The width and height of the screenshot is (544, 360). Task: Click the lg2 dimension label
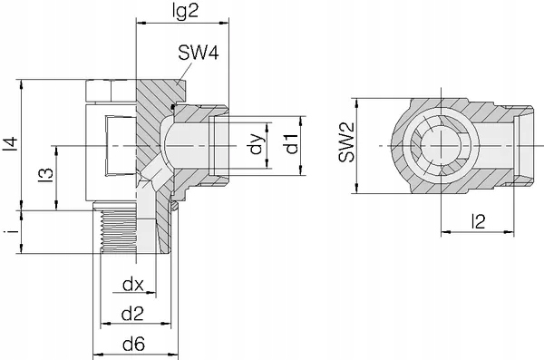click(x=185, y=12)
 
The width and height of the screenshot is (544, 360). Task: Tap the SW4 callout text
click(x=199, y=54)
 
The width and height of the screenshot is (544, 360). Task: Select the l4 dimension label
click(x=10, y=144)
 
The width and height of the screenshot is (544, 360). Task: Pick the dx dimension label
click(x=133, y=285)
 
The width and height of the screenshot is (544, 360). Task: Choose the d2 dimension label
click(x=132, y=314)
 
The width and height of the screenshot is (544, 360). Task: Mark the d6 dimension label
click(x=133, y=345)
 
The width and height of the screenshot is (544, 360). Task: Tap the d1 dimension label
click(x=291, y=143)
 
